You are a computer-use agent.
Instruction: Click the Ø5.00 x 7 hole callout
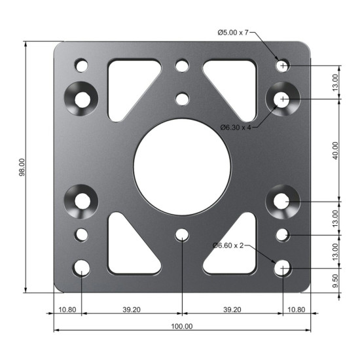[233, 33]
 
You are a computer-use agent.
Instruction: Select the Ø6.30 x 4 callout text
[236, 128]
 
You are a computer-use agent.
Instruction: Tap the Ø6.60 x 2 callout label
[228, 245]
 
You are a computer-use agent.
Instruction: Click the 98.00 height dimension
[22, 167]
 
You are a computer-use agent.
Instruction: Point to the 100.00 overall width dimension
[182, 326]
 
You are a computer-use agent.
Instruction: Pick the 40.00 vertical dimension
[335, 151]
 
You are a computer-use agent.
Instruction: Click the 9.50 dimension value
[335, 281]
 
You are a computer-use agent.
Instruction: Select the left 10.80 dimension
[67, 310]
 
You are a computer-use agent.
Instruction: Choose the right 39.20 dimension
[232, 310]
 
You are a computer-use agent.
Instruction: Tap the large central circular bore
[182, 167]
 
